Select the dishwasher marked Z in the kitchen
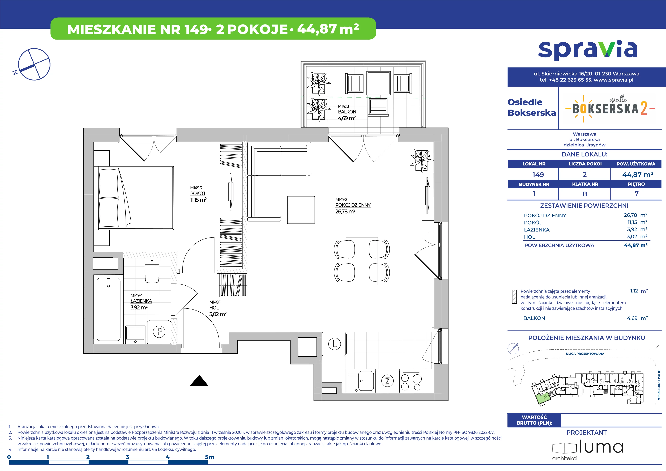tap(387, 381)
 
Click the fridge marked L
tap(334, 344)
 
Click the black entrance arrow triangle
tap(199, 381)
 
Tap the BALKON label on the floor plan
tap(347, 112)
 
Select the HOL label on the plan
tap(214, 308)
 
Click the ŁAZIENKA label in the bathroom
tap(141, 301)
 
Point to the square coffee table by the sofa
tap(301, 210)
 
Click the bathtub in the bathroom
tap(108, 309)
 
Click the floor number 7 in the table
tap(636, 194)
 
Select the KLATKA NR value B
tap(585, 194)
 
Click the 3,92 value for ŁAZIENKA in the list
tap(632, 230)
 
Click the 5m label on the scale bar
tap(210, 457)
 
